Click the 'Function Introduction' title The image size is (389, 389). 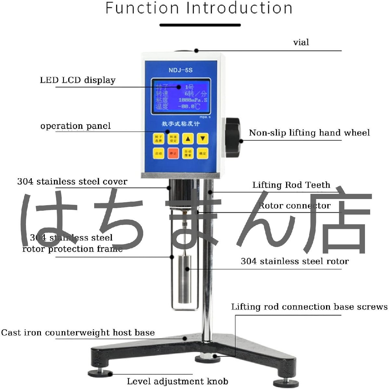(x=199, y=8)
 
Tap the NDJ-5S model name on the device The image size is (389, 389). (x=181, y=70)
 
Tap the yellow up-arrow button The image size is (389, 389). (x=188, y=139)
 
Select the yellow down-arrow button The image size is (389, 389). (x=202, y=139)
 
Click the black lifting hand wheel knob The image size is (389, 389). (x=232, y=137)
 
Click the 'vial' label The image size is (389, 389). (x=301, y=42)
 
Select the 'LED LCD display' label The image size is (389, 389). (x=78, y=80)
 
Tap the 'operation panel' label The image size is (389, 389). (x=75, y=126)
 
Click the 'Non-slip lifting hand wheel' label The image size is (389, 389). (x=309, y=133)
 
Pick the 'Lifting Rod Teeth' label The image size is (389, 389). (x=291, y=185)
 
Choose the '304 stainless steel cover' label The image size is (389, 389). (x=72, y=182)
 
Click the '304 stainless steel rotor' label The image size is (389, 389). (x=295, y=261)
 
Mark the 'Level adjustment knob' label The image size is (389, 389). (x=177, y=381)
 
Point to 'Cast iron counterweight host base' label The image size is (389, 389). (x=78, y=333)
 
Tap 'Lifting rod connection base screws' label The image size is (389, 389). (x=309, y=307)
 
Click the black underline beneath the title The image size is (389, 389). (x=200, y=25)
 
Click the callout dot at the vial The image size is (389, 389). (x=196, y=50)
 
